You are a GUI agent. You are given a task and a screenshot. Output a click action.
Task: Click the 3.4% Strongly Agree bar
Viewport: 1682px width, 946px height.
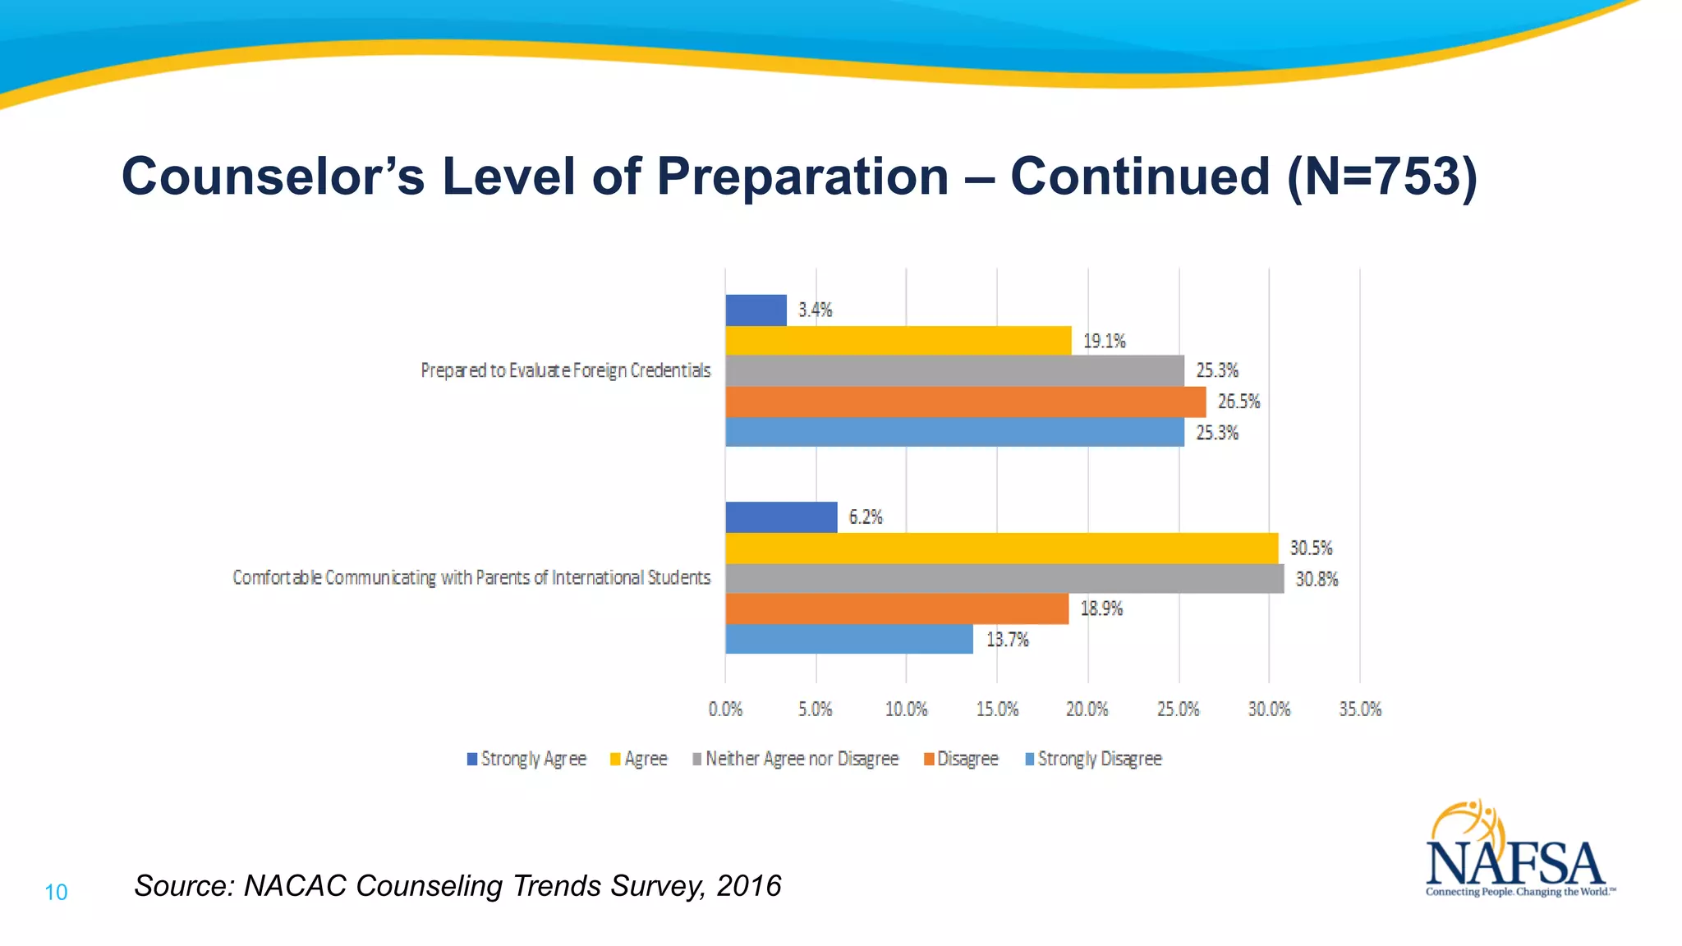click(756, 310)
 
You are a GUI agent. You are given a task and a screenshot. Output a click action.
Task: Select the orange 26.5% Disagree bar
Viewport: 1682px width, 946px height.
click(965, 402)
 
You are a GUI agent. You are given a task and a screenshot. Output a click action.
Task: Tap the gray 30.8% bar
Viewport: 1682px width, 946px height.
click(1004, 579)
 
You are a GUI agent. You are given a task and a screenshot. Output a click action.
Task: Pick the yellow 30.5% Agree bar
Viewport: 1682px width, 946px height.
click(1001, 548)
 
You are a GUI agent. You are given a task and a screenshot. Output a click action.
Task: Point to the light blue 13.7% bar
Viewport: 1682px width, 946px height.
click(848, 639)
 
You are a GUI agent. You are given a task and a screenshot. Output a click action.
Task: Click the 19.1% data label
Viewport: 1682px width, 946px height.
click(1104, 341)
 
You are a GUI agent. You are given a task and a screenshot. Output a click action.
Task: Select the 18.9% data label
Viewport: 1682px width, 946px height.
click(1101, 608)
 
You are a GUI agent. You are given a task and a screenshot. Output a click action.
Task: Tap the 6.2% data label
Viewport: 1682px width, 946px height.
click(865, 517)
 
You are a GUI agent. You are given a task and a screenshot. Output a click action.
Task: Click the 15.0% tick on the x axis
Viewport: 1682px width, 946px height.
click(997, 709)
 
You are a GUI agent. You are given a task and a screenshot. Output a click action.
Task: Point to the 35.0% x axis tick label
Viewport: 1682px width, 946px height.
click(1360, 709)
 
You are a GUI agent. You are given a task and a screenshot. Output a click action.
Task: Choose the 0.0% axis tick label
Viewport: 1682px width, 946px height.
click(725, 709)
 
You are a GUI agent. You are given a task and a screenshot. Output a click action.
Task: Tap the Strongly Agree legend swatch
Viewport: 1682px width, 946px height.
click(472, 759)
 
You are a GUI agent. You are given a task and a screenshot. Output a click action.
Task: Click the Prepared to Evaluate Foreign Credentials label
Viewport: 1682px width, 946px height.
click(565, 370)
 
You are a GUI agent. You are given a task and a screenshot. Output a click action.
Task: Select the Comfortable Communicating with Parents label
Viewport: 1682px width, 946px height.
click(471, 578)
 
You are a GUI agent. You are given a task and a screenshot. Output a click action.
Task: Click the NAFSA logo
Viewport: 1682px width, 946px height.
click(1516, 854)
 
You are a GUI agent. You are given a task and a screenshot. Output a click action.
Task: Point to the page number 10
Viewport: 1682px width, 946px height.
click(56, 893)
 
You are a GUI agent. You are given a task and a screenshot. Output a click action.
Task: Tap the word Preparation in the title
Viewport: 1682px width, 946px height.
click(802, 177)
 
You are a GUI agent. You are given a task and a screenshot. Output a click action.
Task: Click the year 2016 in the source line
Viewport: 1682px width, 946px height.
click(748, 886)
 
